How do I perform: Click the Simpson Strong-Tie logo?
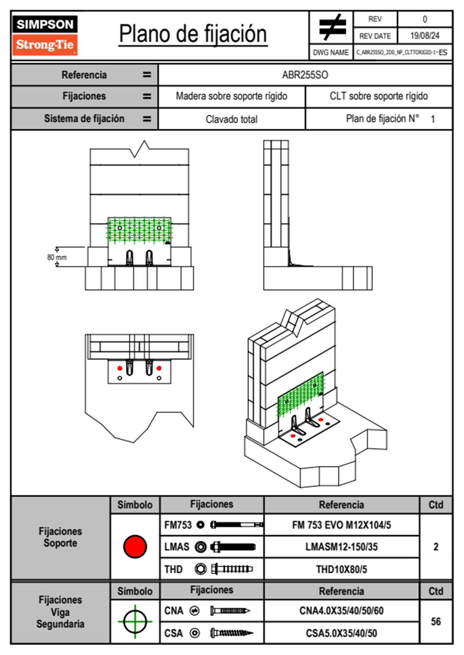45,35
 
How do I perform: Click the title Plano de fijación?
193,34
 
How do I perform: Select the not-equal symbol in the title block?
332,27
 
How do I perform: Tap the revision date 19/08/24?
425,36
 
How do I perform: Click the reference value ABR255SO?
305,75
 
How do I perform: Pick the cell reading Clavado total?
232,119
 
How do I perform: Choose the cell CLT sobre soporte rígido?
379,96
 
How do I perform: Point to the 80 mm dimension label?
57,257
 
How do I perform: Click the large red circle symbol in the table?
135,546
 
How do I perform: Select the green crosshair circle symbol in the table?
135,621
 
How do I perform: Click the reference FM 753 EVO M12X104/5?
342,525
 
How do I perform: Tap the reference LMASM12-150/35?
342,547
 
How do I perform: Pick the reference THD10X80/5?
342,569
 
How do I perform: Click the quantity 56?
436,622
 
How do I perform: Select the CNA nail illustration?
230,611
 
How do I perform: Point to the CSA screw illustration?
231,633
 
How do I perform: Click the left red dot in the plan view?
120,368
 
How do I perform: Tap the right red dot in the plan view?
159,368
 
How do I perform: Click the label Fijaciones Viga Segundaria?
60,612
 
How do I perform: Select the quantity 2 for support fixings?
436,547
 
